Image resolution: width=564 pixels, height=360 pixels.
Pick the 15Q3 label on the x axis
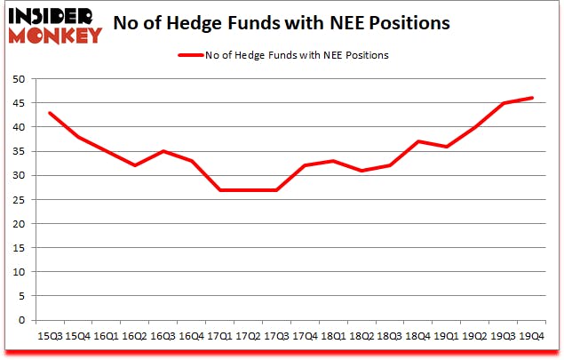51,337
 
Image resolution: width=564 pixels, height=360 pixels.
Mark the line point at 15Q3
51,113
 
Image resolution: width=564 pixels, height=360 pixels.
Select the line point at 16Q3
162,151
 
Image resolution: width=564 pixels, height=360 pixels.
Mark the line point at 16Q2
134,165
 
